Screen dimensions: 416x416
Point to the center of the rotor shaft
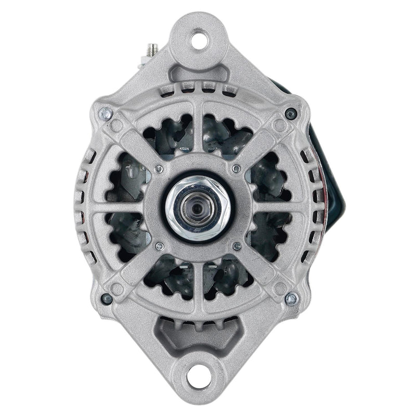pyautogui.click(x=198, y=207)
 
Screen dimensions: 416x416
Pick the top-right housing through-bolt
pyautogui.click(x=292, y=114)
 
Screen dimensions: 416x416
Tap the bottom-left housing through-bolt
pyautogui.click(x=107, y=298)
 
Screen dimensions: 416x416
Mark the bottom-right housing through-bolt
pyautogui.click(x=292, y=298)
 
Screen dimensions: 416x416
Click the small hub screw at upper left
pyautogui.click(x=159, y=169)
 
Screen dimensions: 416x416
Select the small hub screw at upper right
pyautogui.click(x=237, y=168)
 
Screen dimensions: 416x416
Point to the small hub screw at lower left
pyautogui.click(x=160, y=246)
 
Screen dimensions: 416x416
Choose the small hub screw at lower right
pyautogui.click(x=237, y=246)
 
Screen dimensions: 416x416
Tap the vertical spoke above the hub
pyautogui.click(x=198, y=133)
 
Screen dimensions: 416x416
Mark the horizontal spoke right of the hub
pyautogui.click(x=273, y=207)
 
